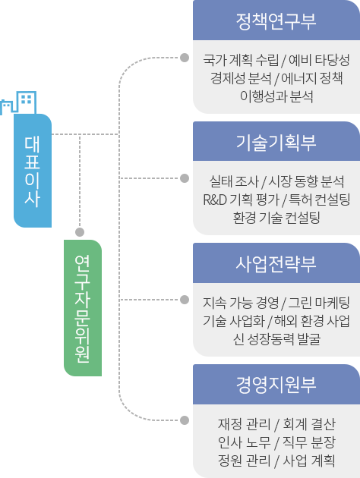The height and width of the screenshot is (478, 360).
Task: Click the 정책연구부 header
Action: click(x=276, y=20)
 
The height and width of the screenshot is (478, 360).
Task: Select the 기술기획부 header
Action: click(x=276, y=141)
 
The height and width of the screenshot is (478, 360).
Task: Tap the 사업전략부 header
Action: click(x=276, y=263)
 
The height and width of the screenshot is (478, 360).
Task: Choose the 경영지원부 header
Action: click(x=276, y=385)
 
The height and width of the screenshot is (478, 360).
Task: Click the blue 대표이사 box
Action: click(x=33, y=171)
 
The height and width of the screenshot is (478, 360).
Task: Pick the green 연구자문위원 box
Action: click(x=83, y=308)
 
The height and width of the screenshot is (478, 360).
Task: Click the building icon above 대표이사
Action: click(x=18, y=102)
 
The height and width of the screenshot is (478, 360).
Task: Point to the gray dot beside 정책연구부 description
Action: click(x=185, y=58)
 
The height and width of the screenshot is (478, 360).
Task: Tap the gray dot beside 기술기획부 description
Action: click(x=185, y=178)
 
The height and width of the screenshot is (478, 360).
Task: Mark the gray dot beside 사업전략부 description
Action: click(x=185, y=300)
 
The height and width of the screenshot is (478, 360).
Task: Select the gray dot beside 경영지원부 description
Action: click(x=185, y=420)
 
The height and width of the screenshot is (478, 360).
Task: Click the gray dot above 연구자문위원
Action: click(x=80, y=232)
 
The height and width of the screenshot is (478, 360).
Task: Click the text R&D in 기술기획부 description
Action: click(x=215, y=200)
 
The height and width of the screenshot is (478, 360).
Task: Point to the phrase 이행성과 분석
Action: click(x=276, y=96)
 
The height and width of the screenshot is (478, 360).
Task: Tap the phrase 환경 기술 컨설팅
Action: click(x=276, y=218)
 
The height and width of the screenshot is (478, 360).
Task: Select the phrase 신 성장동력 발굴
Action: click(x=276, y=339)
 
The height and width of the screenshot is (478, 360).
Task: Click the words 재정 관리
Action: click(x=244, y=424)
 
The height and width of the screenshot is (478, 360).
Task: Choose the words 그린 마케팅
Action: click(x=319, y=303)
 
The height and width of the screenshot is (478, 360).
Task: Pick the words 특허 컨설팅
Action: click(x=319, y=200)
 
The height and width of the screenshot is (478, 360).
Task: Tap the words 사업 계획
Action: click(x=309, y=461)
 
